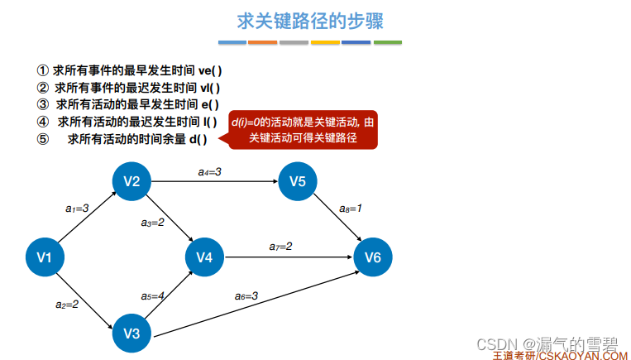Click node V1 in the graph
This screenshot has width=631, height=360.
point(45,258)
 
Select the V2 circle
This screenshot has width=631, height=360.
point(131,181)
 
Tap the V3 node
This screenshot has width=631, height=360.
point(131,334)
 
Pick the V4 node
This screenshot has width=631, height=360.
point(205,258)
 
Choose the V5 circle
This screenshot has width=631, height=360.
point(298,181)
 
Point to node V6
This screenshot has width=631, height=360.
point(373,258)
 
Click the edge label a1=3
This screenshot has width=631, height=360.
point(77,209)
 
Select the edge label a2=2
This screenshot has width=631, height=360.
point(67,305)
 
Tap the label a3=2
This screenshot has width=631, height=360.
point(153,222)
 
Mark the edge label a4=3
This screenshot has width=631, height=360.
point(210,171)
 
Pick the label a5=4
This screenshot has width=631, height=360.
point(153,295)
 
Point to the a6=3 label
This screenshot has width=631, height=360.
point(246,295)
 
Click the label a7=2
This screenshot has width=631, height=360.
point(280,247)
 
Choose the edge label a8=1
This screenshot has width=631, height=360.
point(351,209)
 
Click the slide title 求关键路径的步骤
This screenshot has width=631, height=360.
point(310,20)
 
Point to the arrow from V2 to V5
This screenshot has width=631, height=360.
point(215,181)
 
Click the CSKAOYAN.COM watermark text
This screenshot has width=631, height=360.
point(583,355)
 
